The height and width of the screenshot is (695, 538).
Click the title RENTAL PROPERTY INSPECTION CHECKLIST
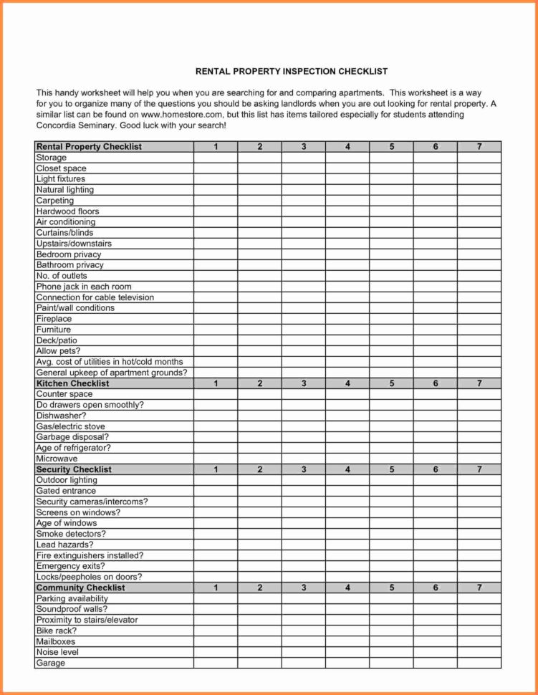pyautogui.click(x=292, y=72)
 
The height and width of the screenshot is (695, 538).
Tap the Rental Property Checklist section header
pyautogui.click(x=89, y=147)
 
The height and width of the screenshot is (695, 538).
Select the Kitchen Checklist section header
pyautogui.click(x=72, y=383)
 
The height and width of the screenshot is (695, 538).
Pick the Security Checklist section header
pyautogui.click(x=74, y=469)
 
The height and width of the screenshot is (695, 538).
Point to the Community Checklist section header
pyautogui.click(x=80, y=588)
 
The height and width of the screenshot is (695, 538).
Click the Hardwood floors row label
pyautogui.click(x=67, y=211)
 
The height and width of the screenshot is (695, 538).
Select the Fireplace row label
pyautogui.click(x=54, y=319)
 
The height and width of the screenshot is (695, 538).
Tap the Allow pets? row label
pyautogui.click(x=58, y=351)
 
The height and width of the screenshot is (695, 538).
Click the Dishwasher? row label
pyautogui.click(x=61, y=416)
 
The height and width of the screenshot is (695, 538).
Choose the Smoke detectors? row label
pyautogui.click(x=71, y=534)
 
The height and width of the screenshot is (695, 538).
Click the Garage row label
pyautogui.click(x=50, y=663)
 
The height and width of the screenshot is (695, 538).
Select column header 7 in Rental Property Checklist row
pyautogui.click(x=479, y=147)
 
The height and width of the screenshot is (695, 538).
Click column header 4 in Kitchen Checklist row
pyautogui.click(x=347, y=383)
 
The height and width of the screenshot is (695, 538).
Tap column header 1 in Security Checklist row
pyautogui.click(x=216, y=469)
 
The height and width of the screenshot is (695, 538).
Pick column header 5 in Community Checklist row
pyautogui.click(x=392, y=588)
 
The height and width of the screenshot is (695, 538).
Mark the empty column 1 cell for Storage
pyautogui.click(x=216, y=158)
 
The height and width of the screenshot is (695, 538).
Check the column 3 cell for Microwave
pyautogui.click(x=304, y=459)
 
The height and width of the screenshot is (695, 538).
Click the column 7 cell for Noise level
pyautogui.click(x=479, y=652)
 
